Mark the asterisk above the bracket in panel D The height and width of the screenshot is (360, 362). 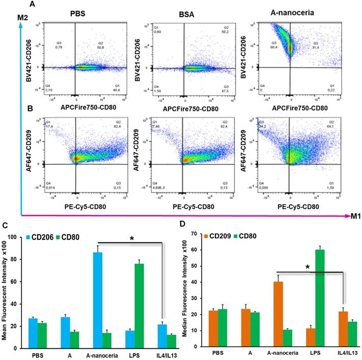(x=308, y=266)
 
